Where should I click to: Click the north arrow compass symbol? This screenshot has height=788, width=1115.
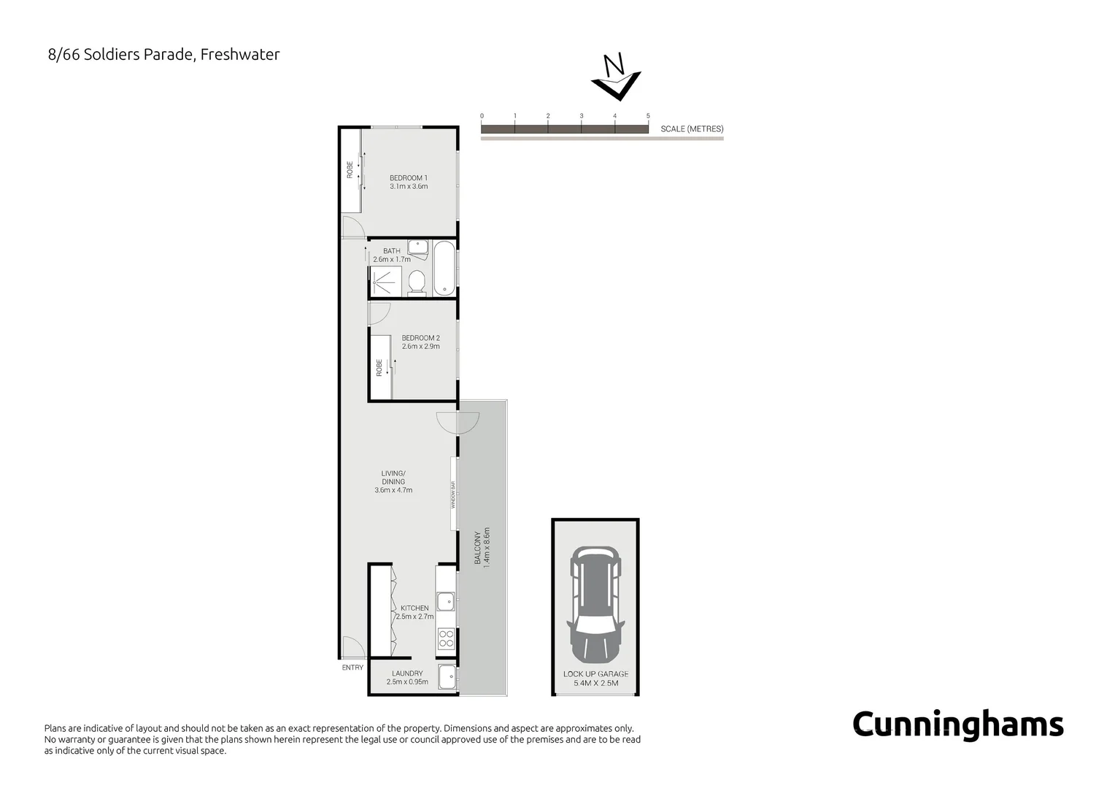[616, 77]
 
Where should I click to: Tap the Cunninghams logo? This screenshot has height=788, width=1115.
[957, 725]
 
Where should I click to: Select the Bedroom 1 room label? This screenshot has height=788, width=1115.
[409, 182]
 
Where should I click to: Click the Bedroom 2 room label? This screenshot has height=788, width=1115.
[420, 342]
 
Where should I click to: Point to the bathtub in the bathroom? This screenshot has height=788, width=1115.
[444, 269]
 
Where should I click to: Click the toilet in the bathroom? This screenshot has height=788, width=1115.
[417, 282]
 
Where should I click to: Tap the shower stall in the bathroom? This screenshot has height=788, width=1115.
[385, 281]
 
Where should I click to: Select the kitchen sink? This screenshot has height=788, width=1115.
[445, 601]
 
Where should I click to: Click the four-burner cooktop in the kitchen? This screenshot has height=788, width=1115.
[445, 639]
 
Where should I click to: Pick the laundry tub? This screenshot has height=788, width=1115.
[447, 677]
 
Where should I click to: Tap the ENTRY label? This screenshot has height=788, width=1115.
[352, 668]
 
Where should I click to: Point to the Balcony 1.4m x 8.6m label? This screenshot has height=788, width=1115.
[482, 546]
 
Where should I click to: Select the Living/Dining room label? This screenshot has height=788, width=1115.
[393, 482]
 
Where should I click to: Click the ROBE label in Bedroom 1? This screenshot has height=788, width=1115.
[350, 170]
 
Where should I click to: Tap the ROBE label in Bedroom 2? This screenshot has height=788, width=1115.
[379, 367]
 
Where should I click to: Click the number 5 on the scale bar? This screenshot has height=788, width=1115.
[648, 116]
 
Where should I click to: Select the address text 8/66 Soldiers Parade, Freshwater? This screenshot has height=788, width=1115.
[163, 55]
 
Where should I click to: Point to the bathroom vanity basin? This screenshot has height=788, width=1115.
[417, 247]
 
